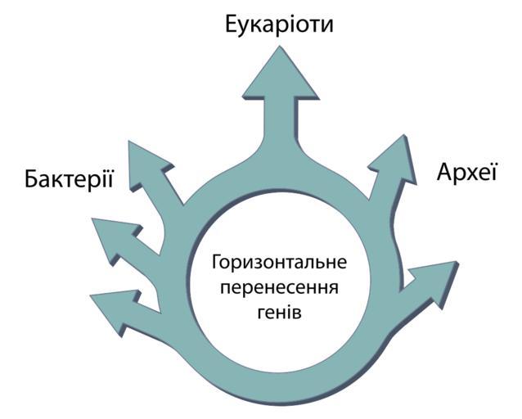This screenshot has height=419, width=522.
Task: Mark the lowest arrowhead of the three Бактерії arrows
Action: pos(110,306)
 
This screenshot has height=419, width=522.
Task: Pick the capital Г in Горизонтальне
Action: pos(216,264)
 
